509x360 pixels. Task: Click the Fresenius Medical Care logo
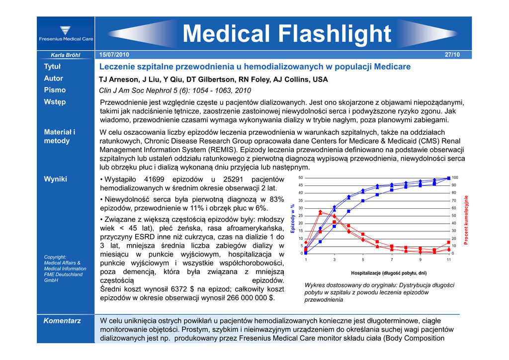click(66, 34)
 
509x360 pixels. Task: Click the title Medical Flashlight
click(287, 34)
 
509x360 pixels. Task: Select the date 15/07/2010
click(114, 54)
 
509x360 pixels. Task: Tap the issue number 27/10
click(452, 55)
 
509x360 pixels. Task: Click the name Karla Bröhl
click(65, 55)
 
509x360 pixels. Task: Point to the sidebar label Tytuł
click(52, 67)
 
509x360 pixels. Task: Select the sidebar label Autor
click(54, 79)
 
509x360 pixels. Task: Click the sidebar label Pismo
click(55, 90)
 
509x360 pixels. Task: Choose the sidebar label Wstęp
click(55, 102)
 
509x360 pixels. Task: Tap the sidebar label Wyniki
click(56, 179)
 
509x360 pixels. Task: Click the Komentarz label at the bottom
click(62, 321)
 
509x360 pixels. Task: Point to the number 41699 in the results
click(155, 180)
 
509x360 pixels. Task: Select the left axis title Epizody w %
click(293, 218)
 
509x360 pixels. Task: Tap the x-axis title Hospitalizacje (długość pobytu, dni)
click(389, 273)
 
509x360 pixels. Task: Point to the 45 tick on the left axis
click(300, 185)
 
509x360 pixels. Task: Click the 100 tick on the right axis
click(455, 178)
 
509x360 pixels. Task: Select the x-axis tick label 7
click(392, 260)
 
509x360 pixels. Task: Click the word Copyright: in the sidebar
click(55, 257)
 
